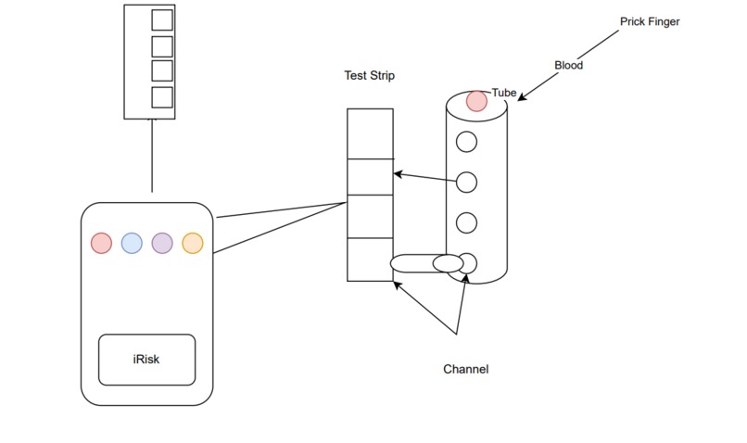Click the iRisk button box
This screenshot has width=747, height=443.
147,360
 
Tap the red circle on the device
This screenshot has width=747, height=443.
101,243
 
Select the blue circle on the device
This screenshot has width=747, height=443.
132,243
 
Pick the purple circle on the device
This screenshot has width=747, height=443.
162,243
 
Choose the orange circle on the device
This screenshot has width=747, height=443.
192,243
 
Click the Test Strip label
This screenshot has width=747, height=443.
369,76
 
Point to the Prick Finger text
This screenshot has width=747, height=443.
650,21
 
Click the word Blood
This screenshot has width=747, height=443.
568,65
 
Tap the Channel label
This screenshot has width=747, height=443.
465,369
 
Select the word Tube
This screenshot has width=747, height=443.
503,93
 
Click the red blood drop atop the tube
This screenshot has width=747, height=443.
476,101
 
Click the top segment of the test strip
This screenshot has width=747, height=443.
370,133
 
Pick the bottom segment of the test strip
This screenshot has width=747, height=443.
370,259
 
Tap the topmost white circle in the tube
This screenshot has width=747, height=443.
467,142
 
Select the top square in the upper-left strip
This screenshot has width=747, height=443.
162,19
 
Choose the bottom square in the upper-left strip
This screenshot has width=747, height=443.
162,96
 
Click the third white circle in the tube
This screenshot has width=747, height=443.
467,222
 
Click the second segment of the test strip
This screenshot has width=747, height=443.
370,176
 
